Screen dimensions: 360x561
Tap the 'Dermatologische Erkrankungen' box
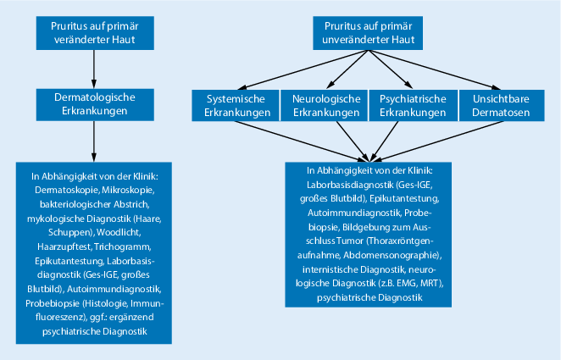click(94, 104)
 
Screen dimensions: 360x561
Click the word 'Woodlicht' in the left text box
click(126, 230)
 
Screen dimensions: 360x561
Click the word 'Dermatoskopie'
click(61, 191)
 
